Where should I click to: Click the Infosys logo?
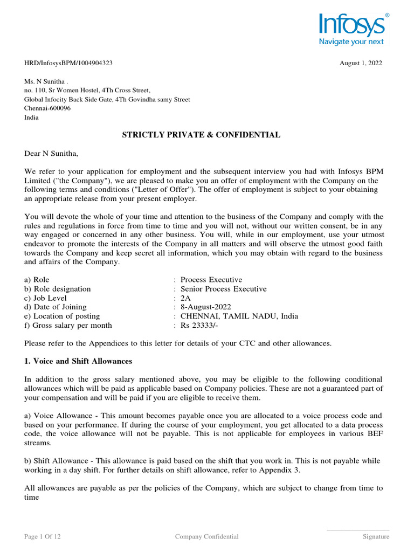coord(351,24)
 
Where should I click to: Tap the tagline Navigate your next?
coord(351,41)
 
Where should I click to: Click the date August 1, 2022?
coord(361,63)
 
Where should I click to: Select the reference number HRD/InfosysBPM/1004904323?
coord(68,63)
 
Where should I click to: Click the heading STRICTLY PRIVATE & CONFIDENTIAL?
coord(202,135)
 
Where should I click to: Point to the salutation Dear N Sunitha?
coord(51,154)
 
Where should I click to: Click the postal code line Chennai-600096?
coord(47,108)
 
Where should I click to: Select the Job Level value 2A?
coord(186,298)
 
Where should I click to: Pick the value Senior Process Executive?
coord(223,289)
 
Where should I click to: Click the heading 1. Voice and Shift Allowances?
coord(78,361)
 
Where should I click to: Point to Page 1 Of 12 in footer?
coord(46,536)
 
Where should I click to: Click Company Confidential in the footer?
coord(207,536)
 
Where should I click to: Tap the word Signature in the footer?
coord(375,536)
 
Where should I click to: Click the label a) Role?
coord(37,280)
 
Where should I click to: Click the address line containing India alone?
coord(31,118)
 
